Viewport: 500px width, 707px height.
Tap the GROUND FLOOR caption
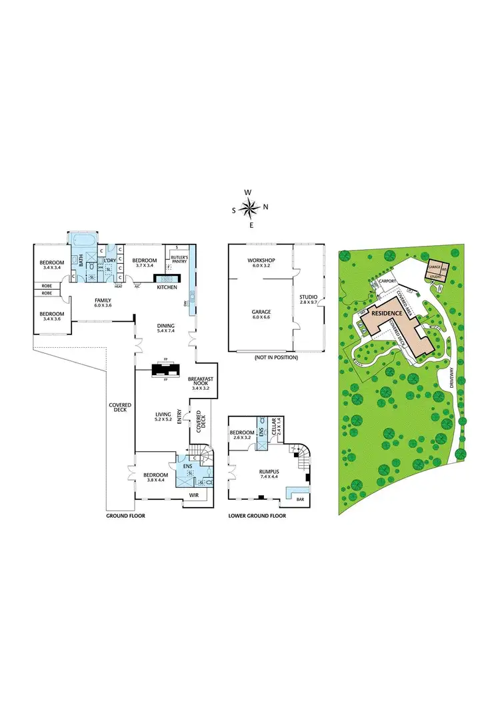click(125, 515)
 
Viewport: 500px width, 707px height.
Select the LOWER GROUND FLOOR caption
click(257, 515)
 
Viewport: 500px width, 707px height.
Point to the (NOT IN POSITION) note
click(275, 358)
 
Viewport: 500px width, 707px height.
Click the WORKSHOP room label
click(261, 263)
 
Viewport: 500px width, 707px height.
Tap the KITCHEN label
click(167, 287)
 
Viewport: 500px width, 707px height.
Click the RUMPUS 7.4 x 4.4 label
click(269, 474)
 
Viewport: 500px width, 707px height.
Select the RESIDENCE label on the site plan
click(387, 313)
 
